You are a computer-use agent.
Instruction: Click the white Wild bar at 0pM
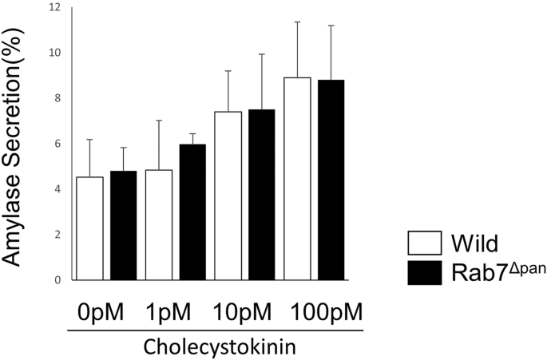(x=90, y=228)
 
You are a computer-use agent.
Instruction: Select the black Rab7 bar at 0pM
(x=124, y=225)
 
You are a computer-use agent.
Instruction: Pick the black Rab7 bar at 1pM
(x=192, y=212)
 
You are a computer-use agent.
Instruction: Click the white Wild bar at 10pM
(x=228, y=196)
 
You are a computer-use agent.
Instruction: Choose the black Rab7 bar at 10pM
(x=261, y=194)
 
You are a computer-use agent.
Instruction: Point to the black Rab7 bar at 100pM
(x=331, y=180)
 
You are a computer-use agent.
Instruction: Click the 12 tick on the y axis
(x=54, y=8)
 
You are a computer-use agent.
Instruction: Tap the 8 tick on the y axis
(x=56, y=98)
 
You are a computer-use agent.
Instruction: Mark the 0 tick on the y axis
(x=57, y=279)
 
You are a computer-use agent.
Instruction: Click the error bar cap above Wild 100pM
(x=297, y=22)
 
